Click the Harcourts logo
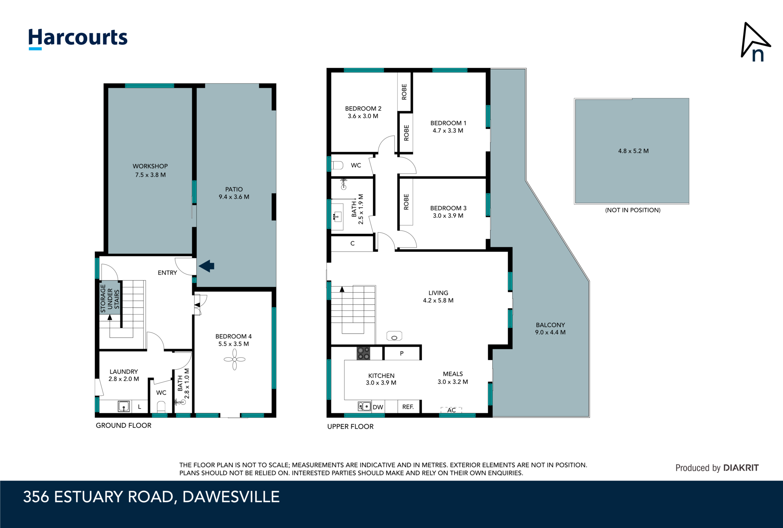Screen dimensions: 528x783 point(78,38)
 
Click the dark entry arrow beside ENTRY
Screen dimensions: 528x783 point(207,266)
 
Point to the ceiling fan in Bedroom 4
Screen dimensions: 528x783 point(234,359)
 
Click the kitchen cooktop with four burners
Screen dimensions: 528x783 point(363,353)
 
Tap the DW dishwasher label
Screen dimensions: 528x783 point(378,407)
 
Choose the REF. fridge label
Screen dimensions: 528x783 point(408,407)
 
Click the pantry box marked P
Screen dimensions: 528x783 point(401,353)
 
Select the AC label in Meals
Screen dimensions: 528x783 point(451,410)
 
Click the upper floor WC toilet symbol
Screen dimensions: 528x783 point(337,165)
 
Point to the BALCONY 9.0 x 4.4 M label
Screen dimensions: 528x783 point(550,328)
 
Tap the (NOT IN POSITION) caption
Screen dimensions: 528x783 point(632,210)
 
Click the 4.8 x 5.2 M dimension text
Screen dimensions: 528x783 point(633,151)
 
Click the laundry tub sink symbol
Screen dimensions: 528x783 point(123,406)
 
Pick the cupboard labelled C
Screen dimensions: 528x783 point(352,243)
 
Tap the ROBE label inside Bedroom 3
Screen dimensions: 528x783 point(406,202)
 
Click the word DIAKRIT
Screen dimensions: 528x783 point(741,468)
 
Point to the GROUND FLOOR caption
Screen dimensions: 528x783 point(123,425)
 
